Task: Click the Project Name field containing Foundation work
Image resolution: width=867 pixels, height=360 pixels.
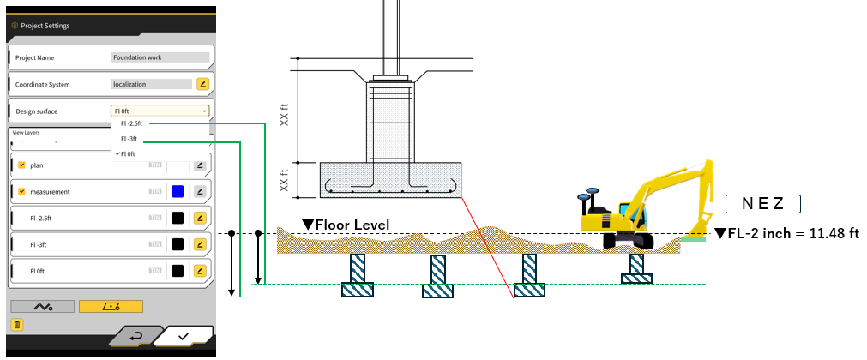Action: (160, 57)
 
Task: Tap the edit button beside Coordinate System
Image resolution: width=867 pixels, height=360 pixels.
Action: (202, 84)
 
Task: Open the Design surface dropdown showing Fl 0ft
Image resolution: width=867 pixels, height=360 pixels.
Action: (160, 111)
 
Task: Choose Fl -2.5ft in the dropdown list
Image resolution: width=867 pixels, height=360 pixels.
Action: (131, 123)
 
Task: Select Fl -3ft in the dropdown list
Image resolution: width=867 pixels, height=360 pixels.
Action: (129, 139)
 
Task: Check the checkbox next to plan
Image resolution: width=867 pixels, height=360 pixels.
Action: (21, 165)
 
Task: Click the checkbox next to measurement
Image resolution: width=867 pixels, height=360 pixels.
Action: (21, 191)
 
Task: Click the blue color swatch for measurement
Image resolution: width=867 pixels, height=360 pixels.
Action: (178, 191)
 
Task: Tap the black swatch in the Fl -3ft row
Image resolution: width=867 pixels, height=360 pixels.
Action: (178, 244)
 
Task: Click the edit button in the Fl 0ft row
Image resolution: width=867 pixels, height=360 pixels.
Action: (200, 271)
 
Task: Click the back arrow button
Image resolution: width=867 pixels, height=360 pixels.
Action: (136, 336)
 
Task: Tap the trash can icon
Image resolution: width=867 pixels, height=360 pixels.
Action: (16, 324)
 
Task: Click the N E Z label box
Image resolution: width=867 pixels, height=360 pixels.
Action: (762, 204)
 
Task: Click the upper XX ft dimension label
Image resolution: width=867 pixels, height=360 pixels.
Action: (284, 112)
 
